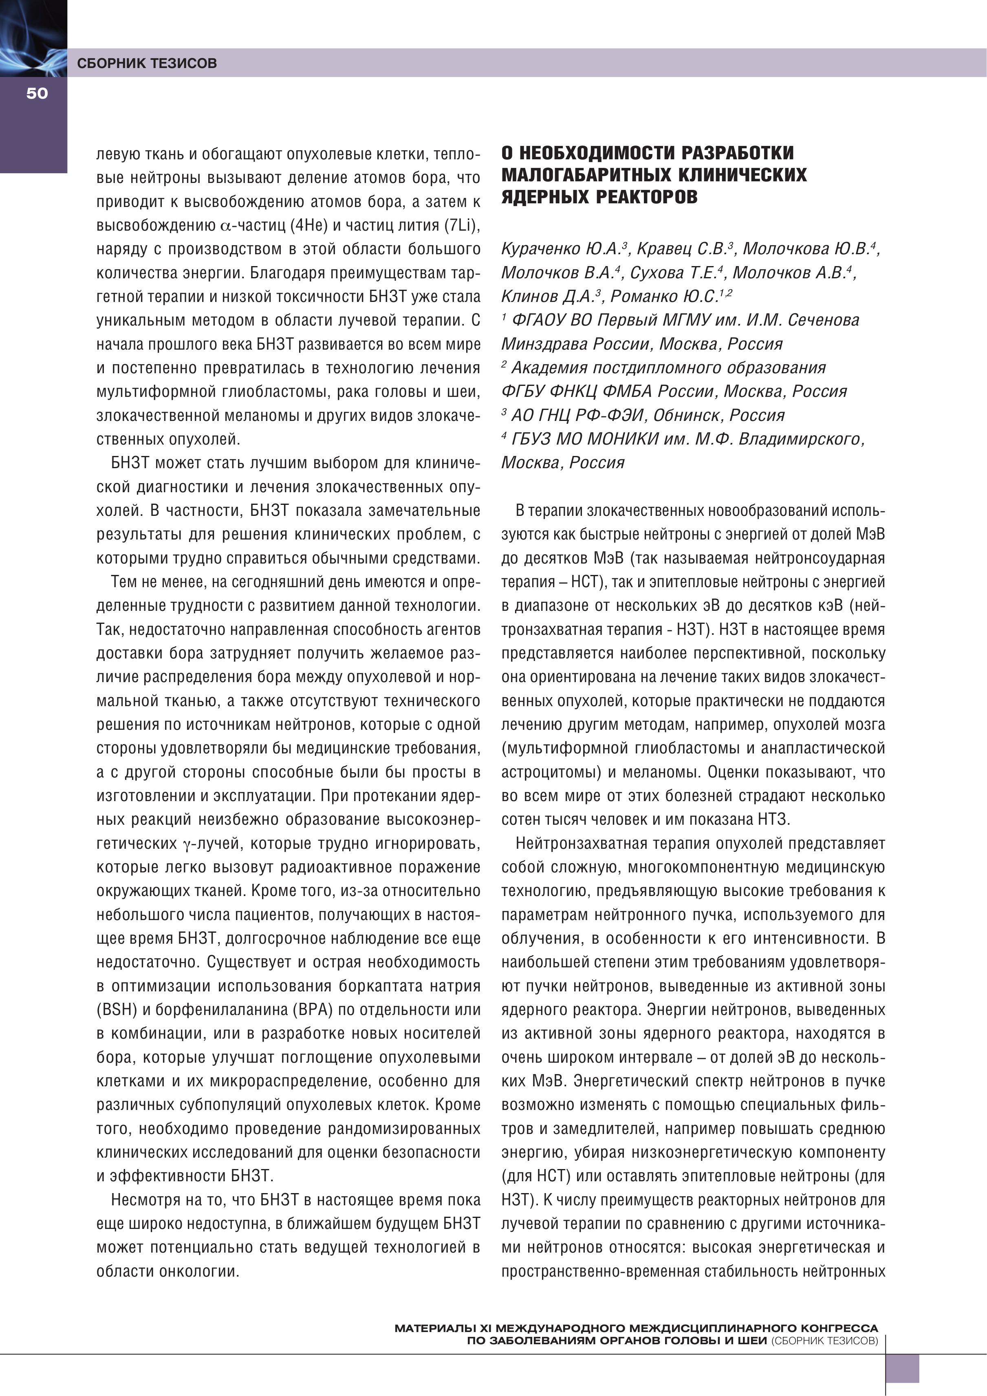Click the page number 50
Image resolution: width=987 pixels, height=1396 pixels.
coord(37,93)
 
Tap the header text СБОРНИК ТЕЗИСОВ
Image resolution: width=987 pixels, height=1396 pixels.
coord(147,63)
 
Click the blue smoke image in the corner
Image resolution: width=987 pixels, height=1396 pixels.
coord(33,38)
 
